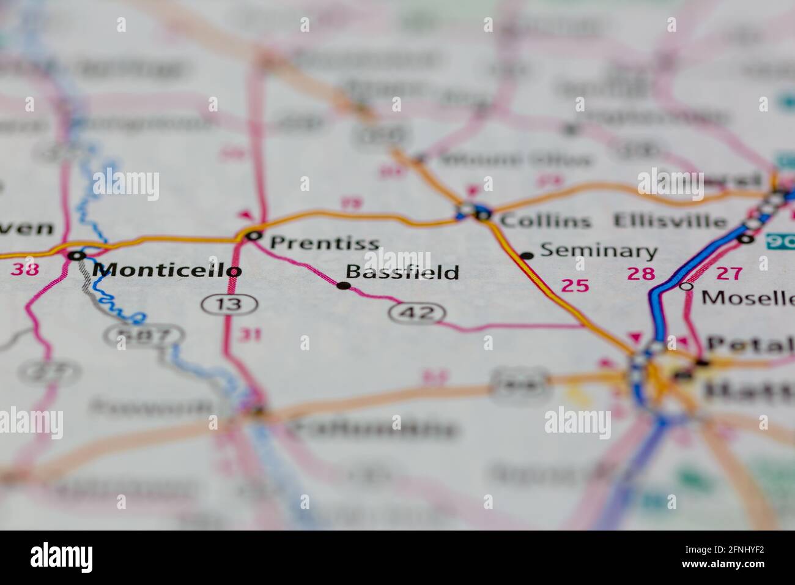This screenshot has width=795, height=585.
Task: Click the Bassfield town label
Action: click(x=402, y=272)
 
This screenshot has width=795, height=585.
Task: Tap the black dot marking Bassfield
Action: click(x=344, y=285)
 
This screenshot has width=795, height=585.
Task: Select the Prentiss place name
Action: click(x=324, y=242)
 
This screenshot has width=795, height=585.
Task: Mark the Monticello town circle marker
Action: click(x=76, y=256)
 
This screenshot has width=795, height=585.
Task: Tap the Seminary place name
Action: click(x=599, y=251)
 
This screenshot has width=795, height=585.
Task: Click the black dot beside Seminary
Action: click(x=527, y=256)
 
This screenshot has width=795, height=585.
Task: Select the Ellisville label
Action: click(x=670, y=220)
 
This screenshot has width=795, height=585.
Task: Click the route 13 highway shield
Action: click(x=229, y=304)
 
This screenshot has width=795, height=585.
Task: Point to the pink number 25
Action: click(x=575, y=285)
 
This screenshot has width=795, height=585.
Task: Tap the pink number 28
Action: click(x=640, y=274)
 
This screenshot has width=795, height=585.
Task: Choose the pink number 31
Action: click(x=250, y=334)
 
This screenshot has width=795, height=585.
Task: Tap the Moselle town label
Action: click(x=747, y=298)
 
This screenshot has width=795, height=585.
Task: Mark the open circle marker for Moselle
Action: click(x=687, y=286)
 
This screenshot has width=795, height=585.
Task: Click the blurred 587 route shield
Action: click(x=143, y=335)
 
